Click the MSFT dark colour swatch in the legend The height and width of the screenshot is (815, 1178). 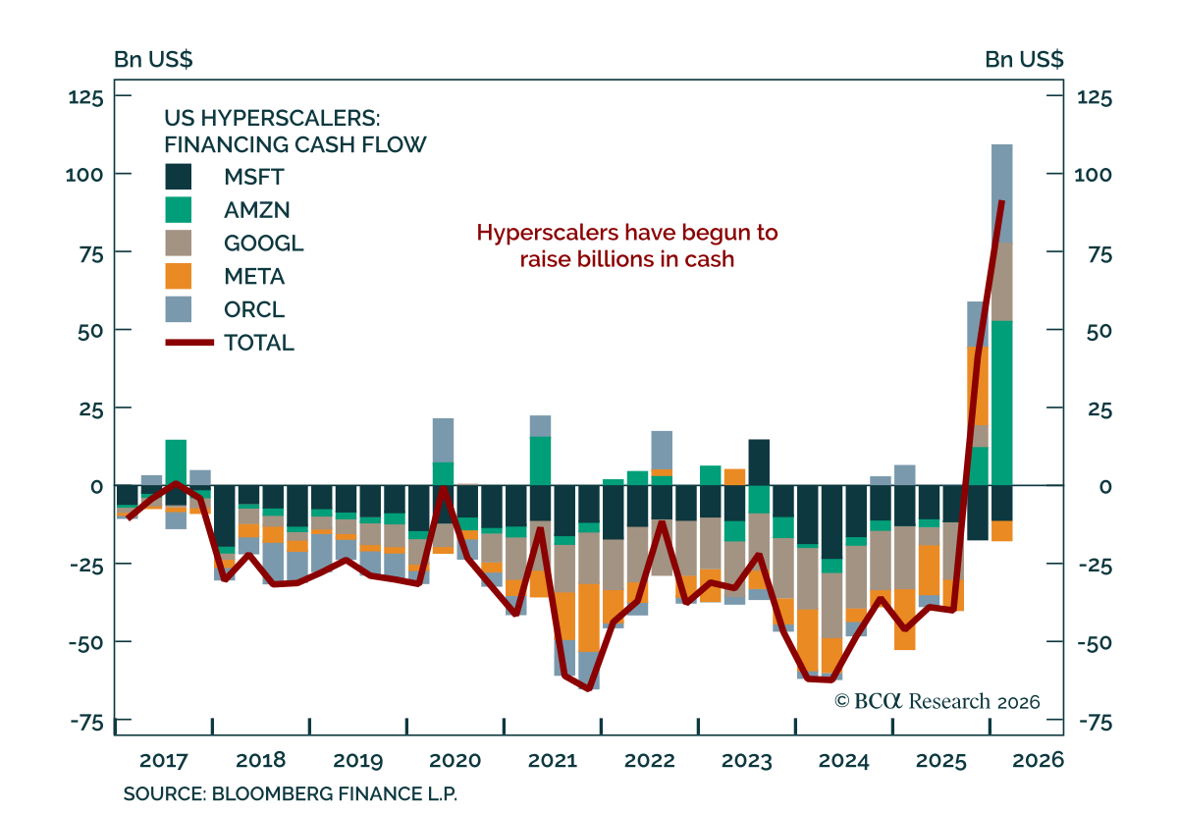[179, 177]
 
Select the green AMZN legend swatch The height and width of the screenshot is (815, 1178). [179, 209]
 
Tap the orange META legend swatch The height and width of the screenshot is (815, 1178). [179, 276]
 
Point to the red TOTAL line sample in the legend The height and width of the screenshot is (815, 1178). [189, 343]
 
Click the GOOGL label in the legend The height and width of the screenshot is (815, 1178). [263, 244]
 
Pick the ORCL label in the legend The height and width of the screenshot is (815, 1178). [254, 309]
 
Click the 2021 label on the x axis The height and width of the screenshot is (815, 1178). [552, 760]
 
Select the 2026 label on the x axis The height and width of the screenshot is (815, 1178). [1039, 760]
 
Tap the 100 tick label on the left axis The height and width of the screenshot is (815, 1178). [84, 175]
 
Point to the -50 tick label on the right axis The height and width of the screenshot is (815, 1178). [1095, 642]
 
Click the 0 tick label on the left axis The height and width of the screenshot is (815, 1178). [96, 487]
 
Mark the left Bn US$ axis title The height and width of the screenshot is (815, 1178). [153, 59]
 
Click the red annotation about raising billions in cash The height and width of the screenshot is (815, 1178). [627, 245]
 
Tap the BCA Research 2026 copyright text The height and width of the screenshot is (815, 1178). [937, 701]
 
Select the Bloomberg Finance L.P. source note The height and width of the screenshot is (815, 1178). [291, 793]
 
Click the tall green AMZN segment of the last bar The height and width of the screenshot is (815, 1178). [1002, 403]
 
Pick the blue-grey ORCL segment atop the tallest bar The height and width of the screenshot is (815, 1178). [1002, 193]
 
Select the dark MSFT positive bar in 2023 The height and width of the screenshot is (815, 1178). [759, 462]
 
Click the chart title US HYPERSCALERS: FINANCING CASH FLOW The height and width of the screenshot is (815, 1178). [295, 132]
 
